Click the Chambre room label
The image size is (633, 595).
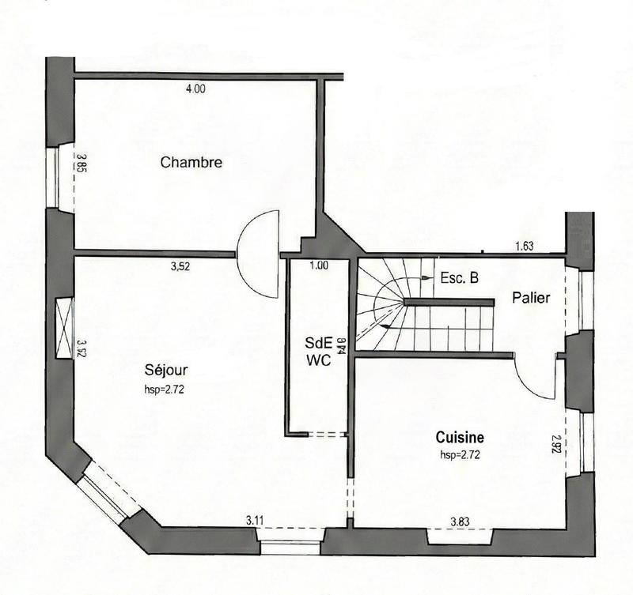pyautogui.click(x=191, y=163)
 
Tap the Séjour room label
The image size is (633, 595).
pyautogui.click(x=166, y=369)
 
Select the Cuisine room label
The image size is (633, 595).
pyautogui.click(x=460, y=438)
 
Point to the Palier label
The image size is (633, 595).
pyautogui.click(x=530, y=298)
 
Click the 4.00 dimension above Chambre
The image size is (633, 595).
pyautogui.click(x=195, y=89)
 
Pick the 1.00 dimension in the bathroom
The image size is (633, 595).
pyautogui.click(x=319, y=265)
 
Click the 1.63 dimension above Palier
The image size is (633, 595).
pyautogui.click(x=525, y=247)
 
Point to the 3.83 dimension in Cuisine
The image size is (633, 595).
pyautogui.click(x=461, y=521)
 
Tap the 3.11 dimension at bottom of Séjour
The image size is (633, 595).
pyautogui.click(x=255, y=520)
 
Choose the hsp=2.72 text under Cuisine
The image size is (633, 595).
pyautogui.click(x=461, y=455)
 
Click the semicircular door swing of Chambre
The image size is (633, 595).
pyautogui.click(x=258, y=252)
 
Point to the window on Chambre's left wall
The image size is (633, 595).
pyautogui.click(x=62, y=177)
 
